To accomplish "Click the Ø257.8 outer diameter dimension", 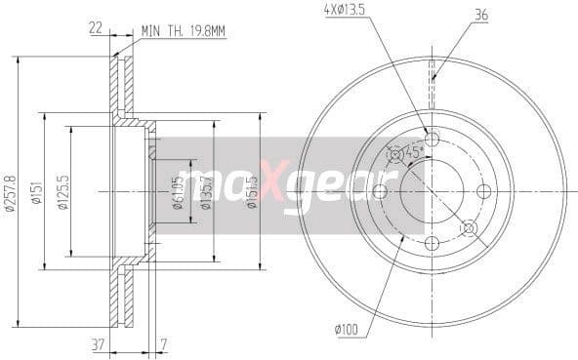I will (10, 191).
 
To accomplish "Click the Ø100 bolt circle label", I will (347, 330).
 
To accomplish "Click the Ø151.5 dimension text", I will (252, 190).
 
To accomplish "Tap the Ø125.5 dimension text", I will (63, 191).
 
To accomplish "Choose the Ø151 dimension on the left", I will (35, 191).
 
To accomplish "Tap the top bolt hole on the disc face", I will (433, 138).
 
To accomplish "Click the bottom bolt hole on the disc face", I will (433, 243).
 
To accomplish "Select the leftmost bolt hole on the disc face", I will (380, 190).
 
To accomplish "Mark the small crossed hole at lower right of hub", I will (469, 227).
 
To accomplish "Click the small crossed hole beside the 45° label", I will (394, 153).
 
